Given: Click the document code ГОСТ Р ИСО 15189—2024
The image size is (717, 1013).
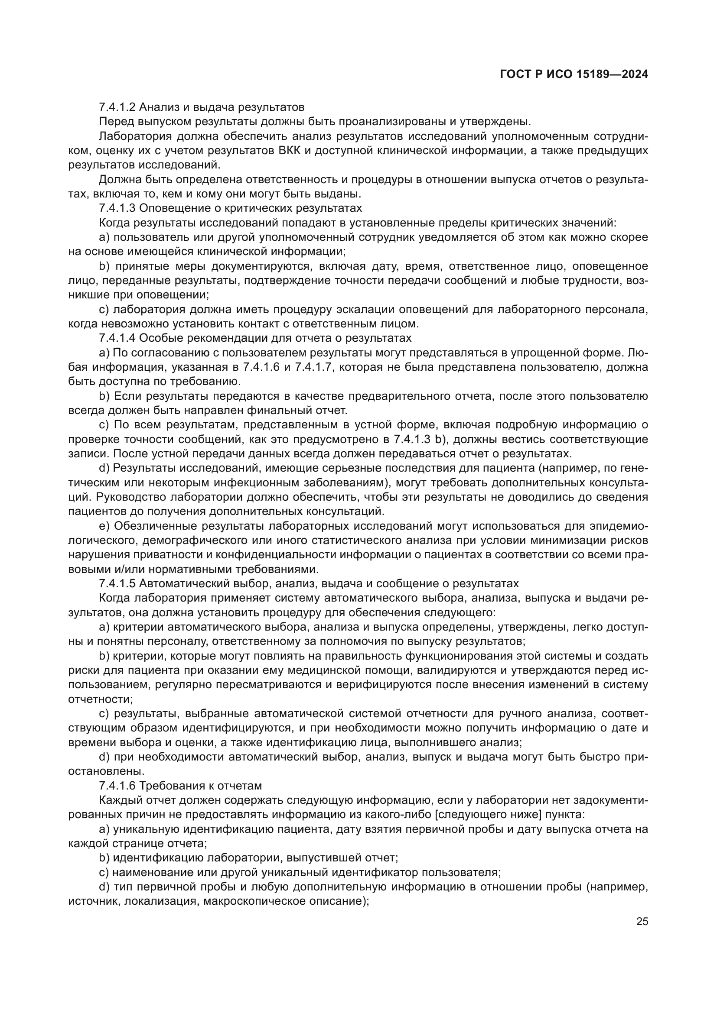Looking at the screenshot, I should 574,74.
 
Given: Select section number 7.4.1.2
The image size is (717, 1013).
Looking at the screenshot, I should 117,107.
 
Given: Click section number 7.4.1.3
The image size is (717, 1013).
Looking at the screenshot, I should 117,208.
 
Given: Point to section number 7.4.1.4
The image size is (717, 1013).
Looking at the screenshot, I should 117,338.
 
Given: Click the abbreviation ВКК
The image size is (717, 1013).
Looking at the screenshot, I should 291,151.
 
